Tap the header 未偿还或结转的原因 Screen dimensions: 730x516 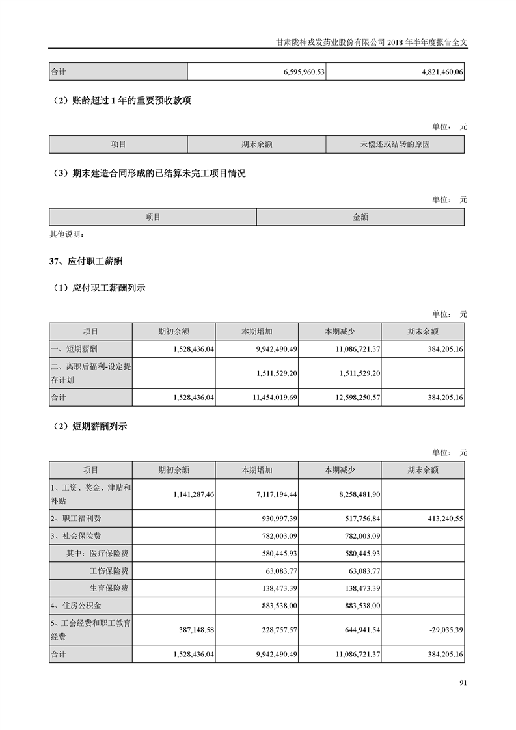tap(395, 144)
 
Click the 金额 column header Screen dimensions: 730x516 tap(360, 217)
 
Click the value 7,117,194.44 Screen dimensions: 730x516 tap(277, 494)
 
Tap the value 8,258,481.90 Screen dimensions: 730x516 tap(360, 494)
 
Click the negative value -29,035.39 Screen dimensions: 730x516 tap(446, 630)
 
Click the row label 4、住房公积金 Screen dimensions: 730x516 tap(76, 606)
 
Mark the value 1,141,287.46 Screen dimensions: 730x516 tap(194, 494)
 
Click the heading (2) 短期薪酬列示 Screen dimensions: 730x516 tap(90, 427)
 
